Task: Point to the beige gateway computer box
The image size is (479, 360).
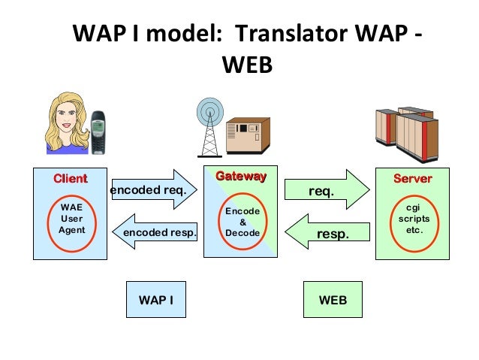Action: pos(247,137)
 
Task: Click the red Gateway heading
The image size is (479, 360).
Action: pos(240,177)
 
